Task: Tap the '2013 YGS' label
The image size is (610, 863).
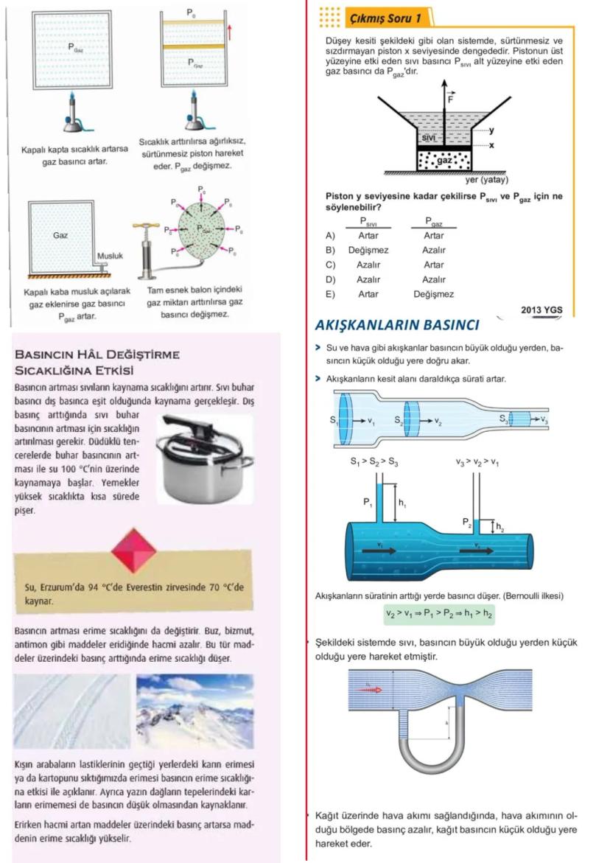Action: tap(541, 310)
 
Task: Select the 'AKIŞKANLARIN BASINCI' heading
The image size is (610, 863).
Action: tap(397, 325)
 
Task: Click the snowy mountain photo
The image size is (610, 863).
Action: tap(194, 711)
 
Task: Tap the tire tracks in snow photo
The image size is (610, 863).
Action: tap(71, 711)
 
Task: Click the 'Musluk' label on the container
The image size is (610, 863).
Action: tap(110, 256)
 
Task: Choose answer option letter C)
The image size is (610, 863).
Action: tap(330, 265)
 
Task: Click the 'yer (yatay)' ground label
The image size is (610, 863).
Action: tap(487, 180)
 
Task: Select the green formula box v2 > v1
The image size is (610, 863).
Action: tap(439, 613)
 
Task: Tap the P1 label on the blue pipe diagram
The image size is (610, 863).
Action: tap(367, 503)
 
